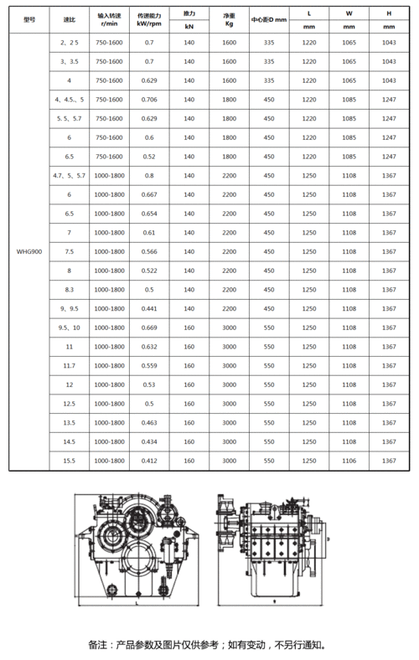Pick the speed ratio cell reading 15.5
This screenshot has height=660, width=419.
(x=69, y=461)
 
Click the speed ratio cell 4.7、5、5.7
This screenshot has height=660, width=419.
(x=69, y=175)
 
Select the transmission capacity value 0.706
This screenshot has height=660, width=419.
(x=149, y=99)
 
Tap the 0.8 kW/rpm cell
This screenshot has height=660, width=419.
(x=149, y=175)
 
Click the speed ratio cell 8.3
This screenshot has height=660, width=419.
(x=69, y=289)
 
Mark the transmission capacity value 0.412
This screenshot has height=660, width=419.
(x=149, y=461)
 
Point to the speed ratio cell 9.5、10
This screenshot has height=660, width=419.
(x=69, y=327)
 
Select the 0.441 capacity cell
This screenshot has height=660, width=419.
(x=149, y=308)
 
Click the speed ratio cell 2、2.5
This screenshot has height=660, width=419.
(x=69, y=41)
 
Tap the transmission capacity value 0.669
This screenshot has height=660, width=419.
(x=149, y=327)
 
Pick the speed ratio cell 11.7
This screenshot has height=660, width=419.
(x=69, y=365)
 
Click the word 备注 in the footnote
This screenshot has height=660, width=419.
(x=97, y=645)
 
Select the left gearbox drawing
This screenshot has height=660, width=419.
(x=137, y=549)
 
